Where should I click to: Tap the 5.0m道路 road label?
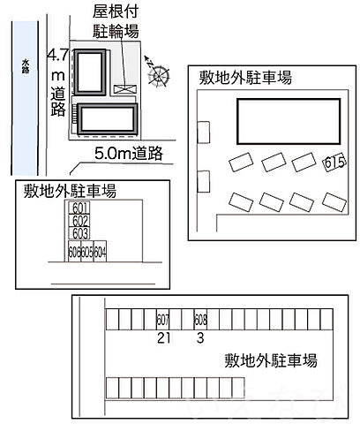coord(129,155)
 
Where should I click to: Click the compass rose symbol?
coord(158,74)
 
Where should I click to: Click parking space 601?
coord(80,209)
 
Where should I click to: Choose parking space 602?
coord(80,221)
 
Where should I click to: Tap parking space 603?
coord(80,233)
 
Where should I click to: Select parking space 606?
coord(73,252)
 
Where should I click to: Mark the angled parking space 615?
coord(334,163)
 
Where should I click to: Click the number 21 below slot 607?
coord(162,338)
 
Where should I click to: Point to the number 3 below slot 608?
coord(200,338)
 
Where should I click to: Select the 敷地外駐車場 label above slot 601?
coord(71,189)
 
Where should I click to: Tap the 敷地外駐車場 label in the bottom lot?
coord(271,360)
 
